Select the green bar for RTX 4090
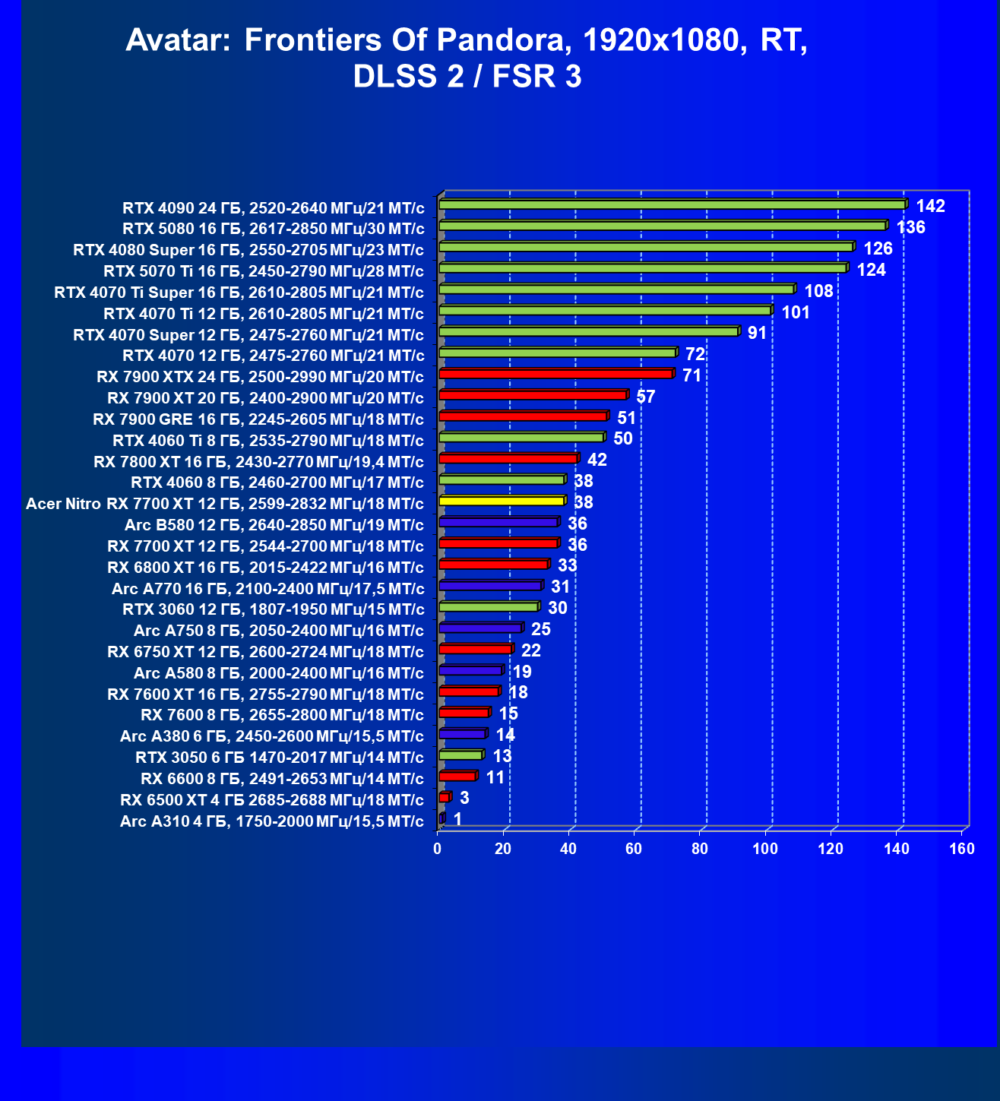(x=672, y=204)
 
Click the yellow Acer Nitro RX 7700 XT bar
(x=502, y=501)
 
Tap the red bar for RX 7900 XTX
(x=555, y=374)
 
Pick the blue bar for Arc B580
(x=498, y=522)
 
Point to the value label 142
(x=930, y=206)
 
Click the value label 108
(x=818, y=291)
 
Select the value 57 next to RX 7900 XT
(x=645, y=397)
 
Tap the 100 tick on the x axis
(x=765, y=849)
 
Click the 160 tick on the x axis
(x=962, y=849)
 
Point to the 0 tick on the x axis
(x=438, y=849)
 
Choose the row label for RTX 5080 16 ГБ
(x=273, y=229)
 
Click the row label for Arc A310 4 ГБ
(x=271, y=821)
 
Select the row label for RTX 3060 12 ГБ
(x=273, y=609)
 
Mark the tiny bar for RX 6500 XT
(x=445, y=797)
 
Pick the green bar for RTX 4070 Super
(x=588, y=331)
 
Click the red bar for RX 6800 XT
(x=493, y=565)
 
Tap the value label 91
(x=757, y=333)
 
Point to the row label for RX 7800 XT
(x=258, y=461)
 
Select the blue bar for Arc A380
(x=462, y=734)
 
